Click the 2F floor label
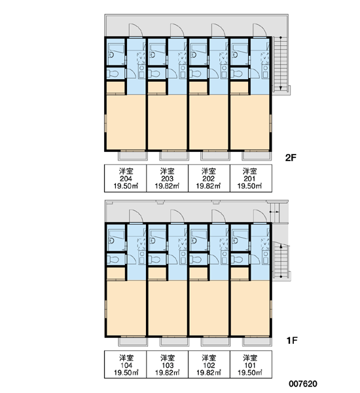pos(291,158)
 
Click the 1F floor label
pos(292,341)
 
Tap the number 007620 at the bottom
pos(303,383)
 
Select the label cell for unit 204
pos(126,178)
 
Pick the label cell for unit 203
pos(168,178)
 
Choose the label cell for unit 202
pos(209,178)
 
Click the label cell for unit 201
pos(251,178)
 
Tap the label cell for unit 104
pos(126,364)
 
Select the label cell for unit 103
pos(168,364)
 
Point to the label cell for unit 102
pos(209,364)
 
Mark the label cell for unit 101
pos(251,364)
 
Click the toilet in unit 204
pos(113,74)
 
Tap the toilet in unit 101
pos(237,259)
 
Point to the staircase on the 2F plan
pos(281,64)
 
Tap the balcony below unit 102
pos(215,341)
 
